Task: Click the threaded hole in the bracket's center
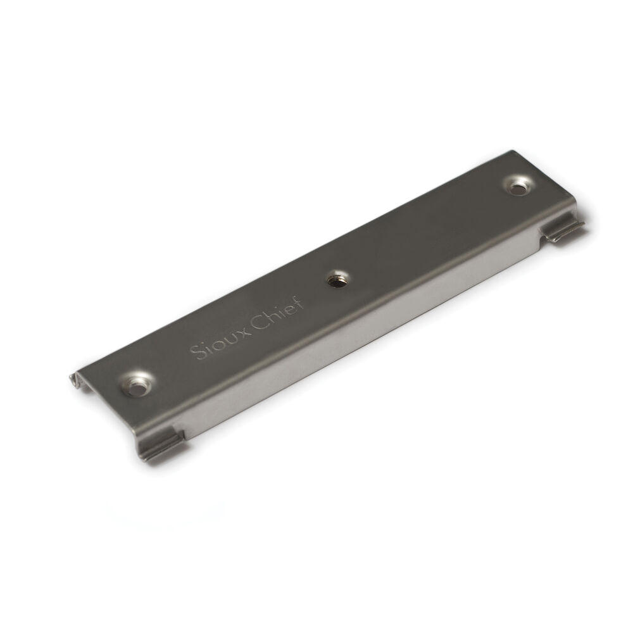click(337, 280)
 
